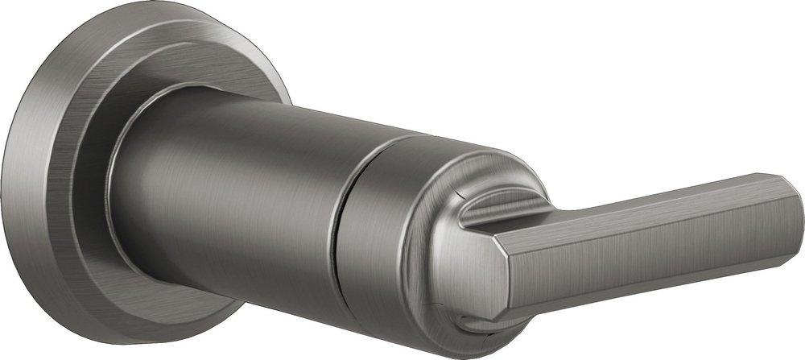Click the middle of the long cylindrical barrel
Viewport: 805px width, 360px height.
pos(242,185)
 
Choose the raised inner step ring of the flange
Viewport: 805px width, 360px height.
pos(89,161)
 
